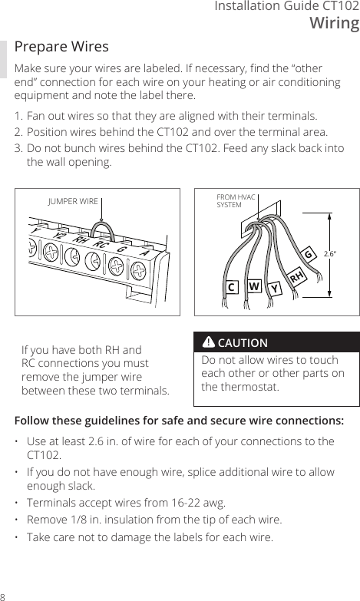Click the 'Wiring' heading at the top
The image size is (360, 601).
334,23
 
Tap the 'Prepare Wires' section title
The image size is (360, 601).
62,48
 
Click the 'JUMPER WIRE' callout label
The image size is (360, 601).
73,201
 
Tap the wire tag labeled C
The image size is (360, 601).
230,288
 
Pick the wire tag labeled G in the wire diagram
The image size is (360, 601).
309,253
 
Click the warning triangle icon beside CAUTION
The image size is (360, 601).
208,342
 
